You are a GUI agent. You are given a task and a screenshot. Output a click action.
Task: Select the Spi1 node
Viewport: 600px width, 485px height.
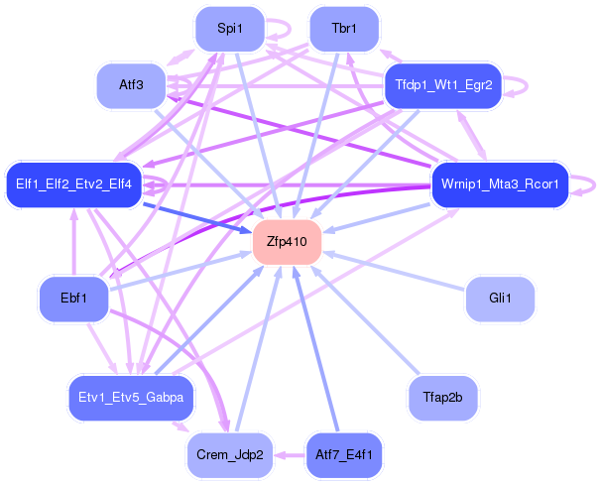click(x=229, y=29)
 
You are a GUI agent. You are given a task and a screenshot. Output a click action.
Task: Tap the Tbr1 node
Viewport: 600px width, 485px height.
click(x=344, y=29)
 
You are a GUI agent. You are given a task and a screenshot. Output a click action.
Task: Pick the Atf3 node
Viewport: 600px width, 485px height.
click(x=131, y=85)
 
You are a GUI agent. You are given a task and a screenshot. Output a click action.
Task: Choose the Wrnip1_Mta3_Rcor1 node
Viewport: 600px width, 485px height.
click(x=500, y=184)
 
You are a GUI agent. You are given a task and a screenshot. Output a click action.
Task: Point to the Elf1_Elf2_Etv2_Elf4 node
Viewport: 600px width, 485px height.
click(x=74, y=184)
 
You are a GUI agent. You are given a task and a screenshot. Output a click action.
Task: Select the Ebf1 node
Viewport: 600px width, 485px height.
click(x=73, y=298)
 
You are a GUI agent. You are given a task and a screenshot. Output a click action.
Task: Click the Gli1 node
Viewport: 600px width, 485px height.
click(x=500, y=298)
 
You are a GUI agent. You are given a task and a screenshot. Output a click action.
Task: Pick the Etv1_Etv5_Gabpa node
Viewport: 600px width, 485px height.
click(x=131, y=397)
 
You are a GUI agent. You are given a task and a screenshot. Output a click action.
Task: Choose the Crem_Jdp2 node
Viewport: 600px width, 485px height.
click(x=229, y=455)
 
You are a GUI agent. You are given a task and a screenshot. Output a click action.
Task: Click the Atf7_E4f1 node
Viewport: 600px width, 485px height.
click(x=344, y=455)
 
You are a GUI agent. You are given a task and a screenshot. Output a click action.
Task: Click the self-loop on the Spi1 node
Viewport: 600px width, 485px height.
click(x=286, y=29)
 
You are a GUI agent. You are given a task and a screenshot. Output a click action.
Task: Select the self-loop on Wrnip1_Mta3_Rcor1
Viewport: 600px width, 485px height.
click(x=591, y=183)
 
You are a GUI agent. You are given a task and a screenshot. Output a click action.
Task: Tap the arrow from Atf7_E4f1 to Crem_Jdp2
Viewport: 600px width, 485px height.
click(x=287, y=455)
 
